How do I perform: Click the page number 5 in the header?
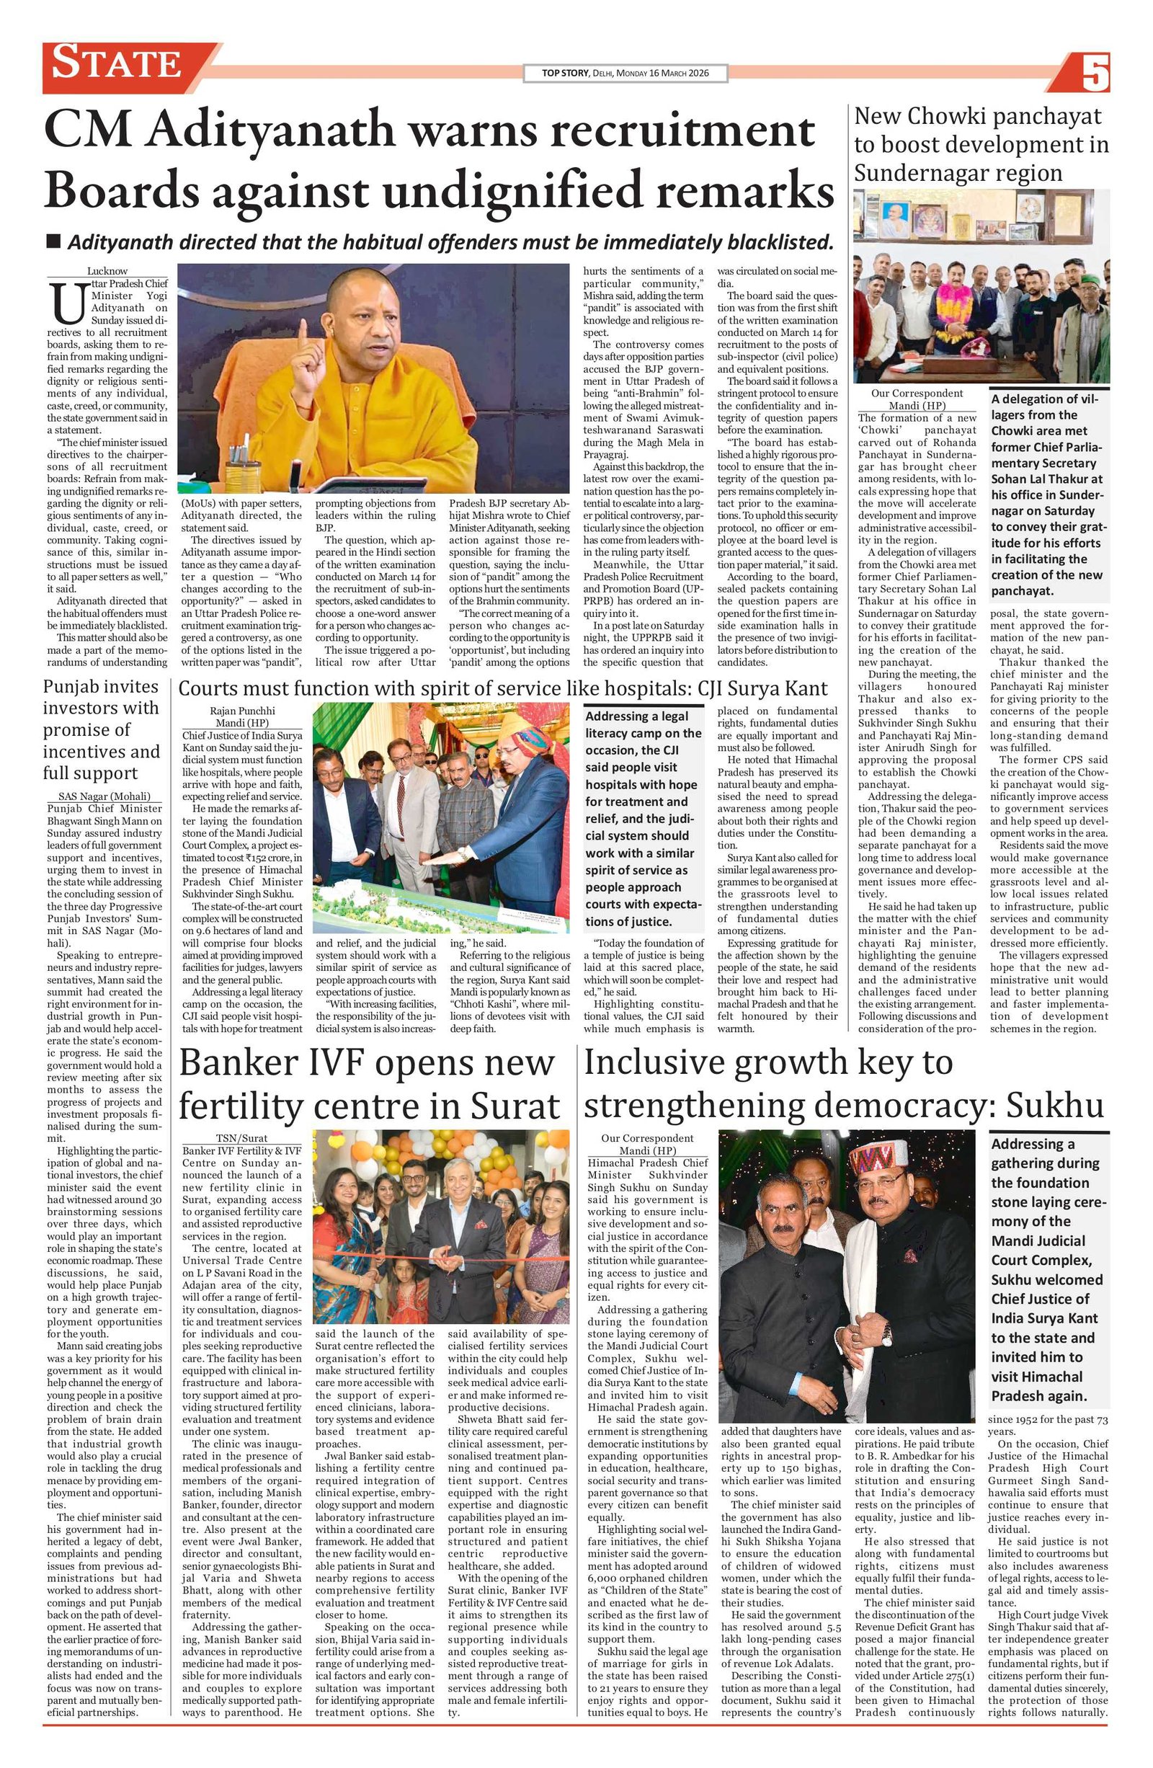1095,74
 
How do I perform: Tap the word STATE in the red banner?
117,63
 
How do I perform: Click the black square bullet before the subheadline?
53,241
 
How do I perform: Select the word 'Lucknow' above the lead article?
107,271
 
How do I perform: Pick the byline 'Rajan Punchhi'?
242,710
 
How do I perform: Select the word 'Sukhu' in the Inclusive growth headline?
1055,1106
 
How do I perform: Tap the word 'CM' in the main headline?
89,130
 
